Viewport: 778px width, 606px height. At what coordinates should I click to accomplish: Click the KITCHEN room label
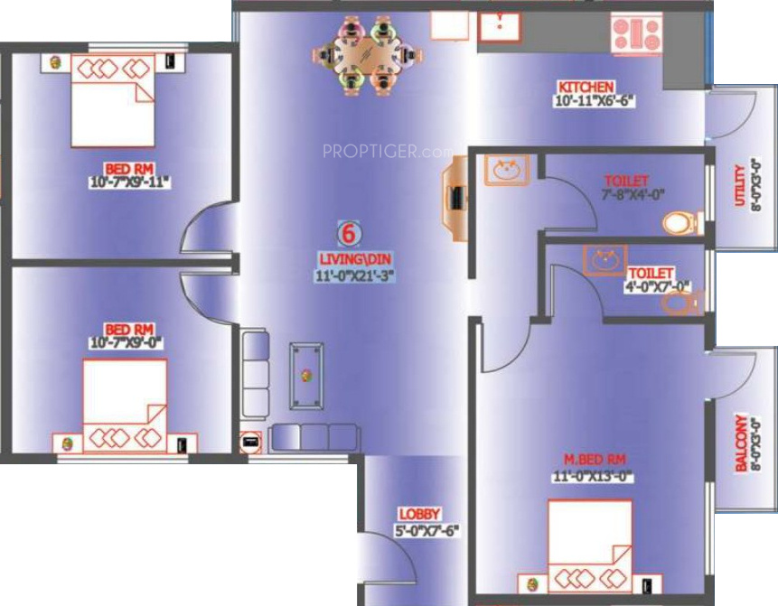click(586, 87)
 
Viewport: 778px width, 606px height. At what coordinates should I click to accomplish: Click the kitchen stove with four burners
click(637, 34)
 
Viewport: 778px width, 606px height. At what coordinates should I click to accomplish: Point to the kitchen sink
click(500, 27)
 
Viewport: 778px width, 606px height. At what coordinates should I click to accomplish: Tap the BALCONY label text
click(742, 443)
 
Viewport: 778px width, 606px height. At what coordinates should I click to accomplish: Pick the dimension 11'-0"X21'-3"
click(350, 272)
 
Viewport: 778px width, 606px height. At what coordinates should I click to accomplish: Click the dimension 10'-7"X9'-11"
click(130, 182)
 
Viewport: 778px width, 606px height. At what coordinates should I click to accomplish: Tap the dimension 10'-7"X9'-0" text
click(130, 341)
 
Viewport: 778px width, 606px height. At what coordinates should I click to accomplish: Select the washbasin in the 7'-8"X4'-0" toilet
click(507, 170)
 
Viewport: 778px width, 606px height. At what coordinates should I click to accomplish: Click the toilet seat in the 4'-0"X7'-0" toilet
click(679, 301)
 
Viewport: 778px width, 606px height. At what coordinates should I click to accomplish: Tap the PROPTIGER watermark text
click(387, 152)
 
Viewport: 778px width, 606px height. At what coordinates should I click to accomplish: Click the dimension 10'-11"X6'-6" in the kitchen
click(596, 101)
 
